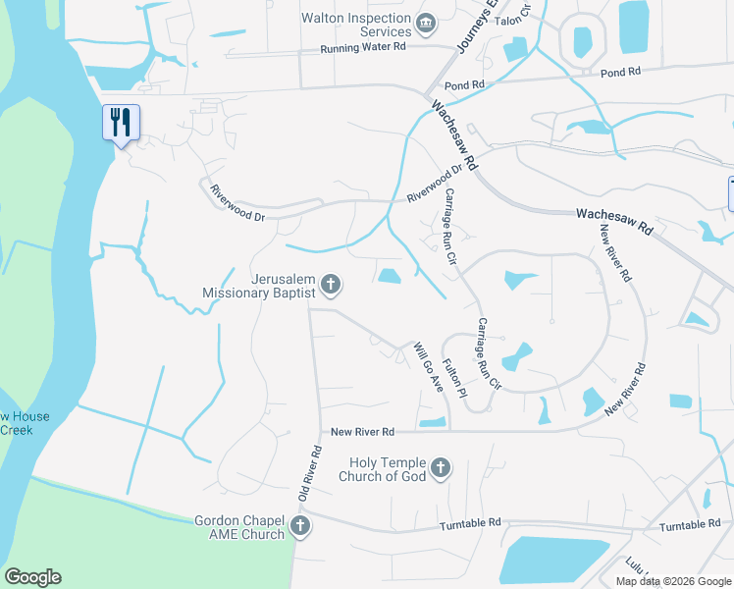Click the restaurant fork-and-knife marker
[121, 123]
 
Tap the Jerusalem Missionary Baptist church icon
[332, 285]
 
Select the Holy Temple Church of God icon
[441, 468]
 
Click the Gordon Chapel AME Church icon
[300, 527]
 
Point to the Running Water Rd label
[363, 48]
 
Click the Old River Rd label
[311, 475]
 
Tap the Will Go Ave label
[428, 368]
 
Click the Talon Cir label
[512, 14]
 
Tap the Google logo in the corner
[32, 577]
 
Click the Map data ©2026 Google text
[673, 581]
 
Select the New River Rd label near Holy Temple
[362, 432]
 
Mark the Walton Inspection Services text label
[356, 25]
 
